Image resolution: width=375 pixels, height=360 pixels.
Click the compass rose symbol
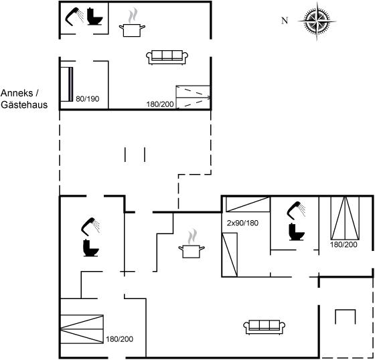317,21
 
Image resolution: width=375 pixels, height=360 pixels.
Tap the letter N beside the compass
285,21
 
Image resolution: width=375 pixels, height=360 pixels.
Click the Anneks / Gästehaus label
24,99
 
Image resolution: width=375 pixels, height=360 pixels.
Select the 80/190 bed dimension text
88,99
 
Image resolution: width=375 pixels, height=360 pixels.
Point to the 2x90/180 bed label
242,223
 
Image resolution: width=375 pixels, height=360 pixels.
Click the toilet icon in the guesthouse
94,17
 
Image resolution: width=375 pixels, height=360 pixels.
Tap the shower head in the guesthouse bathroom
75,17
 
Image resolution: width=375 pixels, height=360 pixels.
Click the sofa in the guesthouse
167,57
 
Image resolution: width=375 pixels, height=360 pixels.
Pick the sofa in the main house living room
265,327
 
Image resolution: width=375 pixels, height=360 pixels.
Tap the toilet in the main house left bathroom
91,248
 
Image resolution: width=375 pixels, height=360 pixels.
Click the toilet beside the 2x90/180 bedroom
297,232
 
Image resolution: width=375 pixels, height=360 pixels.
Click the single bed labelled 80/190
66,84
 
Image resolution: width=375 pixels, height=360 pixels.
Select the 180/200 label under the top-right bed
344,244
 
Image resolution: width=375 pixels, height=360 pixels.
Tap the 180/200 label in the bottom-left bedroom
120,339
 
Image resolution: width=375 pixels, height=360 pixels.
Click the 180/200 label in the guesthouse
160,104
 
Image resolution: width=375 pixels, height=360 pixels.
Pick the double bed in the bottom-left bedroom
82,329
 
